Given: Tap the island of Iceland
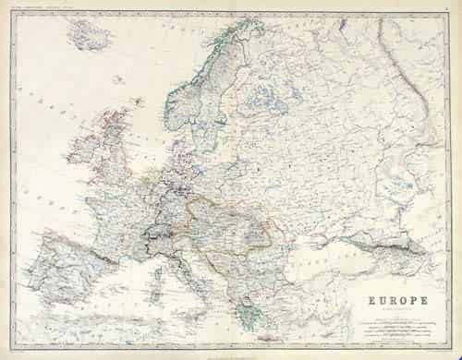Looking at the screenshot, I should coord(90,37).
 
